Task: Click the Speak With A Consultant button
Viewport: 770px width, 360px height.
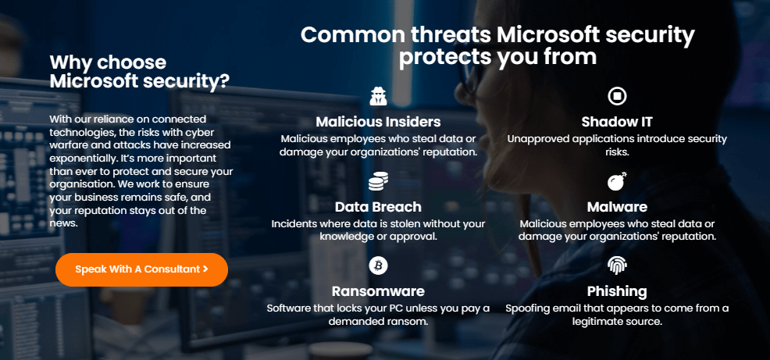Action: (141, 269)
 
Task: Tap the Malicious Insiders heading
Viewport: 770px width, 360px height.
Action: (378, 122)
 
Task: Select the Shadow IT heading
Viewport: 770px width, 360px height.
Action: (617, 122)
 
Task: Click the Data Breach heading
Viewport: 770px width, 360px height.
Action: (378, 207)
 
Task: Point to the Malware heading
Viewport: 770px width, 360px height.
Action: (617, 207)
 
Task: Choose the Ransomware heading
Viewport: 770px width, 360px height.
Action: (378, 291)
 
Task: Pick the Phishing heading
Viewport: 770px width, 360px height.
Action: (617, 291)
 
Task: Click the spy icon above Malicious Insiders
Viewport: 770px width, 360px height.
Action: (378, 96)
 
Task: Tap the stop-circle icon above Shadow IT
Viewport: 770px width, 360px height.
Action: (617, 96)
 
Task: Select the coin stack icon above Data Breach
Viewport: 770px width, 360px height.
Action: (378, 182)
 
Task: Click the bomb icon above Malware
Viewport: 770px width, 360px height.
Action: (617, 182)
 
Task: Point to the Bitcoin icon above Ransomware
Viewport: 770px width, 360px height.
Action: (378, 266)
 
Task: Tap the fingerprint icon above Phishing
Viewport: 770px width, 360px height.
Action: (617, 266)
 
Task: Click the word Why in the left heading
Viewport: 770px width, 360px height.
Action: (67, 62)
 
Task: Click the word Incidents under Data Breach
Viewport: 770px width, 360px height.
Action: (295, 223)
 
